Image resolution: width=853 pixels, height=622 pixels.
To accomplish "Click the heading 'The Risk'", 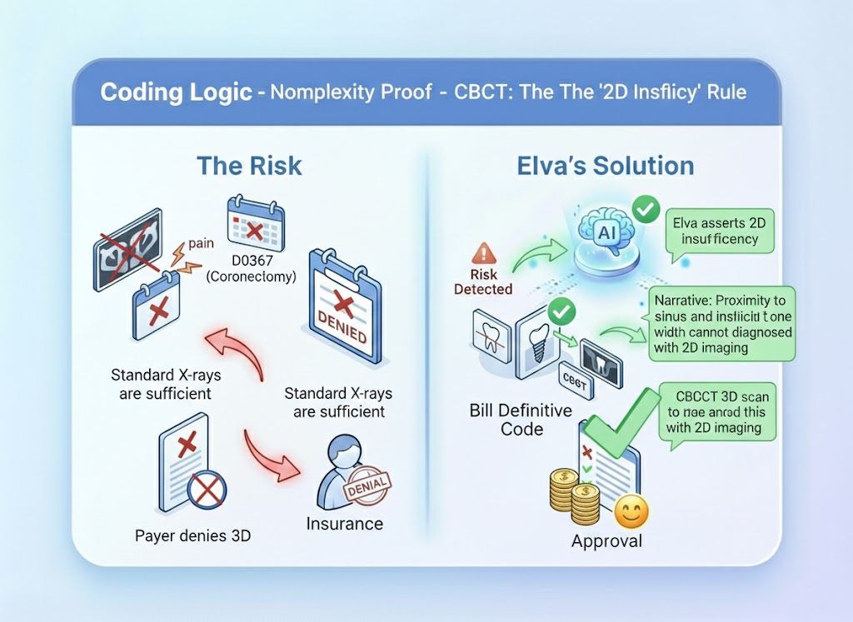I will [249, 165].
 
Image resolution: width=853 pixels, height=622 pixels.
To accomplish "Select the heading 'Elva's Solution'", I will [606, 165].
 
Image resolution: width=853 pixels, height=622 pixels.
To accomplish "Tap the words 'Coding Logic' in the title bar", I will [176, 92].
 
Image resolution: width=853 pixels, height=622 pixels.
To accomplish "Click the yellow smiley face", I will [631, 512].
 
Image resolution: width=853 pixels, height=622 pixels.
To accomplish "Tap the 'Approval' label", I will [606, 541].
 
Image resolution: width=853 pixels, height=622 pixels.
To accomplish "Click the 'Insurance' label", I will [344, 524].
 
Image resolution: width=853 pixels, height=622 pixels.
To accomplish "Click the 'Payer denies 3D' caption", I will [192, 535].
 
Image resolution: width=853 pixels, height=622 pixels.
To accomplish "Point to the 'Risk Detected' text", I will [483, 281].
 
